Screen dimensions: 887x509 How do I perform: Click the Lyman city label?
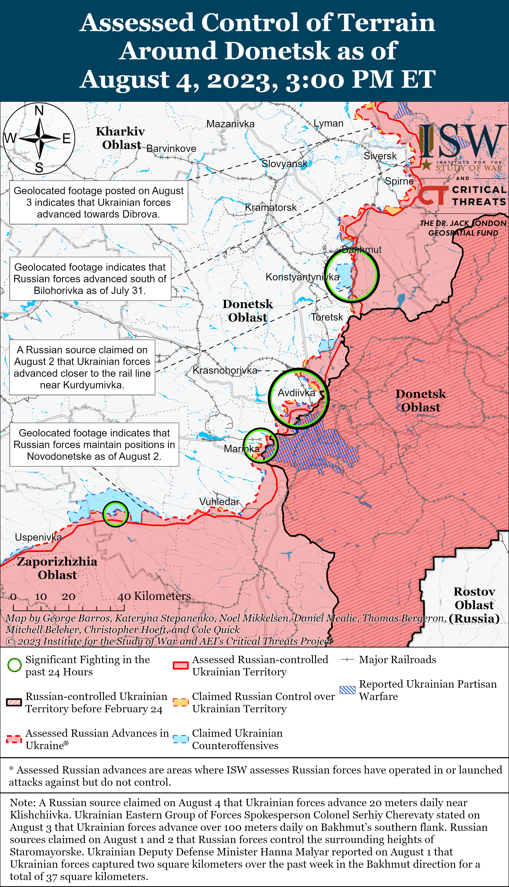pyautogui.click(x=328, y=123)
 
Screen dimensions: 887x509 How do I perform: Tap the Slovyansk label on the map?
pyautogui.click(x=284, y=164)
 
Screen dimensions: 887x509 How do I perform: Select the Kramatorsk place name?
pyautogui.click(x=271, y=207)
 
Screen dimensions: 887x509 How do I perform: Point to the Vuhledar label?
pyautogui.click(x=219, y=502)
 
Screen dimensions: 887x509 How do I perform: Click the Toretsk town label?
pyautogui.click(x=327, y=317)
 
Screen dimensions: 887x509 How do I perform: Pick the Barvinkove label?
pyautogui.click(x=171, y=149)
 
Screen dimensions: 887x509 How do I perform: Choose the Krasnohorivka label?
pyautogui.click(x=225, y=370)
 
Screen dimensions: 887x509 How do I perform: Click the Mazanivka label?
pyautogui.click(x=230, y=124)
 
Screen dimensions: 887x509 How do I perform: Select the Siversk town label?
pyautogui.click(x=380, y=156)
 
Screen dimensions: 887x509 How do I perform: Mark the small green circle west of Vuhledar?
pyautogui.click(x=115, y=514)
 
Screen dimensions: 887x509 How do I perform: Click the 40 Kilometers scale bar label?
pyautogui.click(x=154, y=596)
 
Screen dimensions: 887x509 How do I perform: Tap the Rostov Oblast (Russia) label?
pyautogui.click(x=474, y=605)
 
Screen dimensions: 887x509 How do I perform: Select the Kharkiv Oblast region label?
pyautogui.click(x=121, y=138)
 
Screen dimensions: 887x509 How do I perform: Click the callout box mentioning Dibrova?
pyautogui.click(x=99, y=203)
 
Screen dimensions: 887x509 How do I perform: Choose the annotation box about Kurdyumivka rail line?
pyautogui.click(x=82, y=367)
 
